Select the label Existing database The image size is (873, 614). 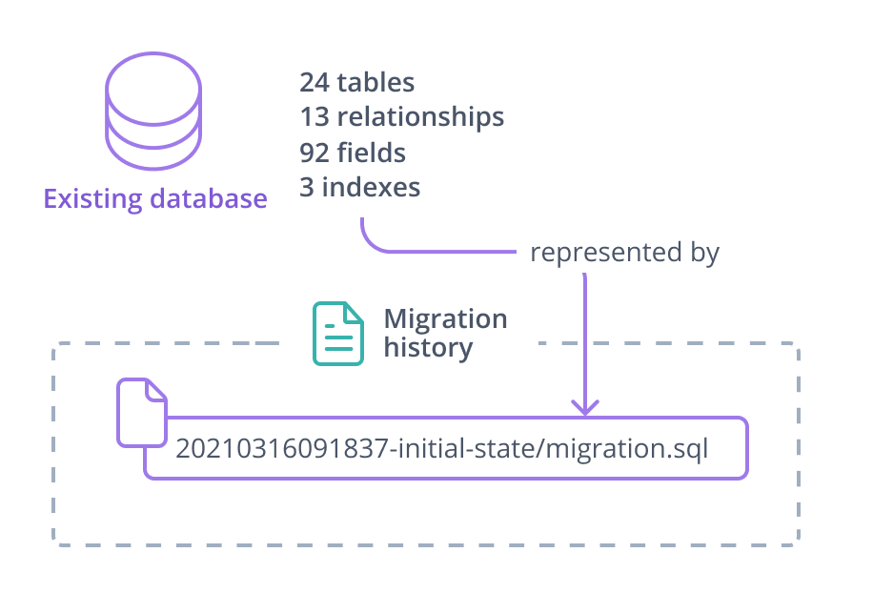tap(154, 199)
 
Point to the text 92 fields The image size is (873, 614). tap(352, 153)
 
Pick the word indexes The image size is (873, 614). tap(371, 187)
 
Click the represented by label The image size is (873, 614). tap(623, 253)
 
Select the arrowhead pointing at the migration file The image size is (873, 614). tap(584, 407)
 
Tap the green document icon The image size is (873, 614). tap(338, 334)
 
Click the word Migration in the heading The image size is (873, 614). tap(445, 318)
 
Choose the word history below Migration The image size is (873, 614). tap(428, 348)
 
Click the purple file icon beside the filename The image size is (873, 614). tap(141, 412)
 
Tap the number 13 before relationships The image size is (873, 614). tap(315, 117)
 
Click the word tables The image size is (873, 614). tap(376, 83)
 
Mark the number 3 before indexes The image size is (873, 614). tap(307, 187)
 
